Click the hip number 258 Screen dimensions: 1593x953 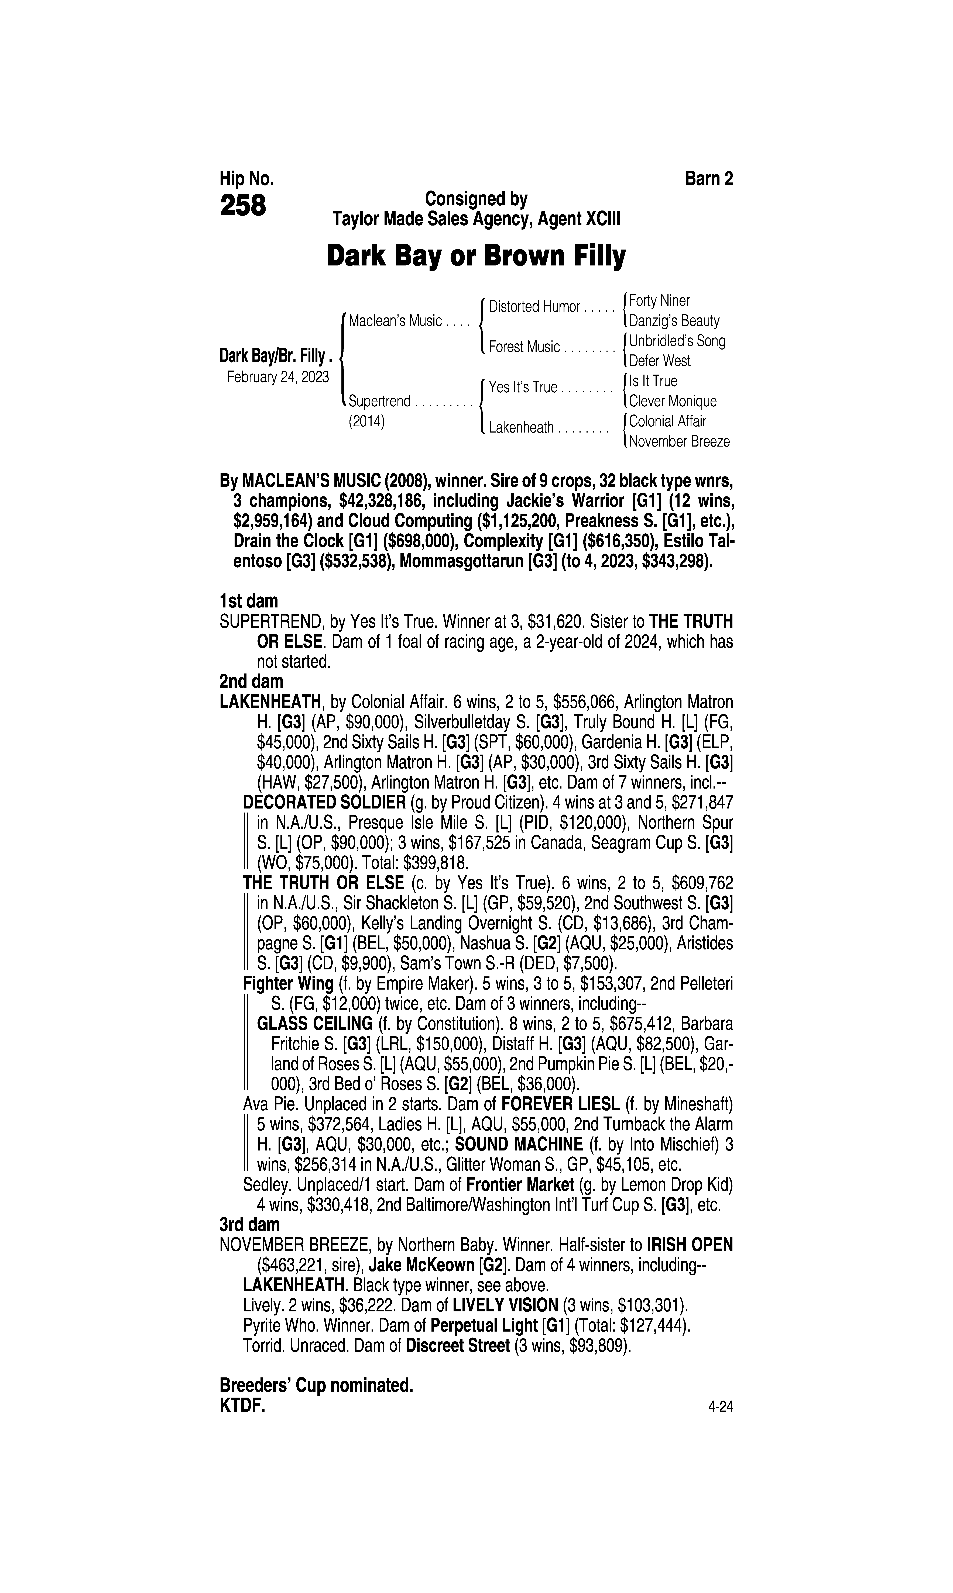point(243,206)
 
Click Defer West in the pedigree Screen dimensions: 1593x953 point(660,361)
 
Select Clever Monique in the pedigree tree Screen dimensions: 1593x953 point(672,401)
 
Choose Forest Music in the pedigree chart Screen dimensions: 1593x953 point(524,347)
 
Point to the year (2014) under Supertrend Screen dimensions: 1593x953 point(366,422)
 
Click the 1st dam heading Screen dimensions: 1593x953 point(249,601)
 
